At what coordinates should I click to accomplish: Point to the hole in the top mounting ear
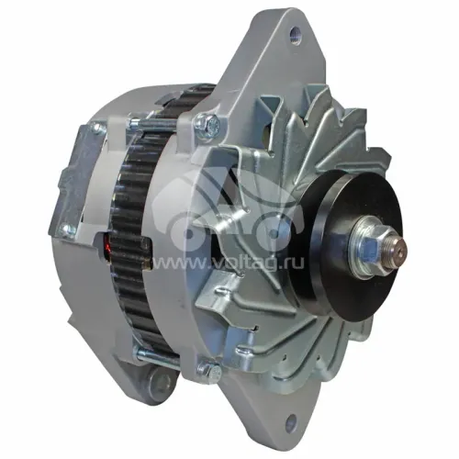[x=296, y=31]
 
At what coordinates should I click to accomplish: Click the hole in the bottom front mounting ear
[x=291, y=421]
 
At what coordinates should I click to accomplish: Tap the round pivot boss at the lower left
[x=162, y=382]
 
